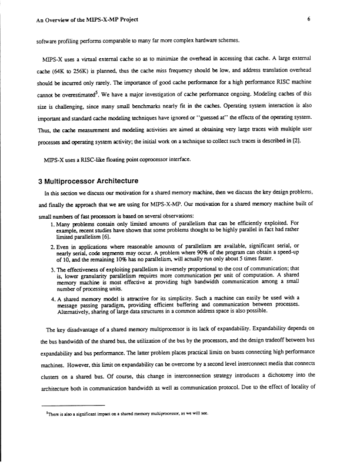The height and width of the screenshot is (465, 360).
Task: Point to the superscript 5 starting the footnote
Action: pyautogui.click(x=46, y=414)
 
